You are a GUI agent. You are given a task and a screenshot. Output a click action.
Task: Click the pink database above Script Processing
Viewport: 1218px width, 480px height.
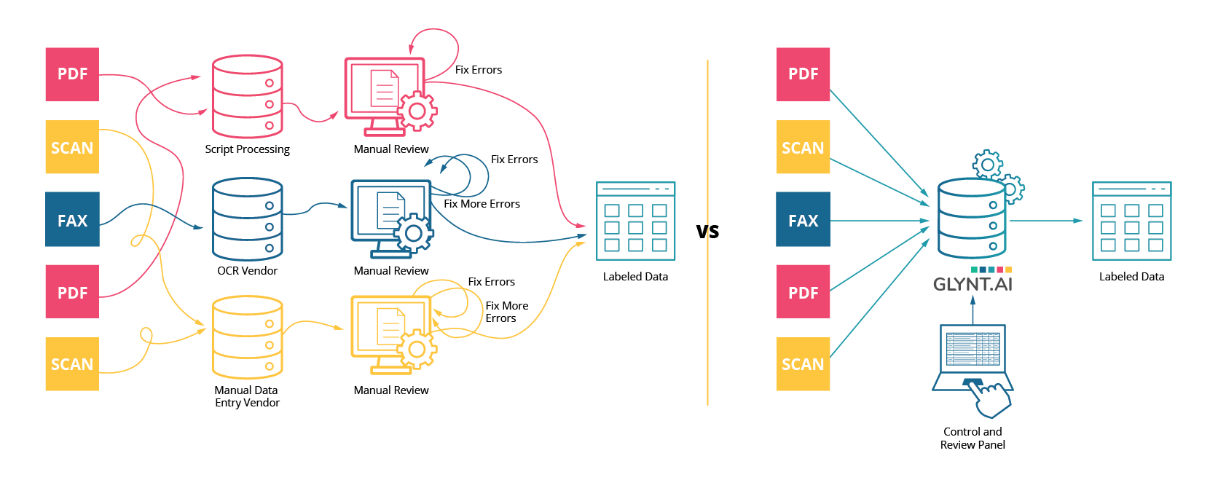click(x=248, y=96)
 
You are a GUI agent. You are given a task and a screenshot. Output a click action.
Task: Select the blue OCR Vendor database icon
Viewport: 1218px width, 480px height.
click(x=248, y=219)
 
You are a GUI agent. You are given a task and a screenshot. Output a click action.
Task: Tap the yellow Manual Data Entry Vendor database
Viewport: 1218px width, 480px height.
click(x=248, y=337)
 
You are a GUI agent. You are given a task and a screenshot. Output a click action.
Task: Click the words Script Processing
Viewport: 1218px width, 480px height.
click(x=247, y=149)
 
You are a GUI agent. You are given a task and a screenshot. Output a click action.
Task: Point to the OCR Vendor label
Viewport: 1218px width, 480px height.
click(x=247, y=271)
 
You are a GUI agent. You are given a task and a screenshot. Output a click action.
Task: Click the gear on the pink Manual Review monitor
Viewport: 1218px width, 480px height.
click(x=417, y=111)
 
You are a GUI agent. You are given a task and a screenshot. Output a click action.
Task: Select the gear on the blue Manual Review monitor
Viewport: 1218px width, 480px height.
click(x=414, y=233)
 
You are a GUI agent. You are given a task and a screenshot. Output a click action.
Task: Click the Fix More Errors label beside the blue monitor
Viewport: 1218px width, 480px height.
click(x=482, y=204)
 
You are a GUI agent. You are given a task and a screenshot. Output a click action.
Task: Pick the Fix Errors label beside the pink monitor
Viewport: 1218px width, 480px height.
click(x=479, y=70)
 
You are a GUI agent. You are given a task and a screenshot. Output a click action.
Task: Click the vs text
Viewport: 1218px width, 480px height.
click(x=707, y=232)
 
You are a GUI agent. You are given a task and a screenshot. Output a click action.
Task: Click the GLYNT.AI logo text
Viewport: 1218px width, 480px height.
click(x=973, y=284)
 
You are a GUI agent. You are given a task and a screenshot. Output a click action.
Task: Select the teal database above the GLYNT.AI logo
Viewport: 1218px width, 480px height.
click(x=972, y=219)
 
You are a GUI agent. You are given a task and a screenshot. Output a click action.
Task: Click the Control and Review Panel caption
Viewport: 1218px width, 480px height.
click(x=973, y=438)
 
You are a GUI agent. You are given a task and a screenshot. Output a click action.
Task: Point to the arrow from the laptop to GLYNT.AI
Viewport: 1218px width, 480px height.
click(x=973, y=310)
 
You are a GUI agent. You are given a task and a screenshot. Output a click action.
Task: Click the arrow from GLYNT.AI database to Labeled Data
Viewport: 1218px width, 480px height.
click(x=1045, y=221)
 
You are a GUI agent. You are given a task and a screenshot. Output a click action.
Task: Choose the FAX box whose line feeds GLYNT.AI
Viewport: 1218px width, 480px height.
click(x=803, y=220)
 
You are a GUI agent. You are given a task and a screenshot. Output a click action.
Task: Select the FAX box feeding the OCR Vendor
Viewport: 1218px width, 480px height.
click(x=72, y=220)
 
